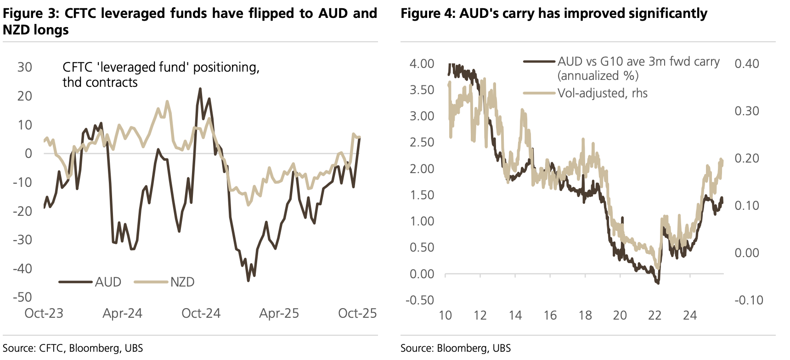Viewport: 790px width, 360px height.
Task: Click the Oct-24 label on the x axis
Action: coord(201,313)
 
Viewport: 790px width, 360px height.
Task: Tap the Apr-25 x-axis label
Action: coord(279,313)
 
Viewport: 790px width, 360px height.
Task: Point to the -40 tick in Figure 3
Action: coord(23,268)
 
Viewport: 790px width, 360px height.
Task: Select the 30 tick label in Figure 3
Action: coord(25,67)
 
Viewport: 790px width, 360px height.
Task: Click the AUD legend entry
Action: coord(108,281)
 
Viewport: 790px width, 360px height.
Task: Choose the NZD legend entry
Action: coord(182,281)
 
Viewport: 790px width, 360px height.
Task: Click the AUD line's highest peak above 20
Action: coord(200,89)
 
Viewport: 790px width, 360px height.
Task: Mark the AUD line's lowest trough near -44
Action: coord(248,280)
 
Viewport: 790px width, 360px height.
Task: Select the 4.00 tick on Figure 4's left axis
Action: coord(422,63)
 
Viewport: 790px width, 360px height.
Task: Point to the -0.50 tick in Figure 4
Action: coord(420,300)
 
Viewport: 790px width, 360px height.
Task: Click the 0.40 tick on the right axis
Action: coord(747,63)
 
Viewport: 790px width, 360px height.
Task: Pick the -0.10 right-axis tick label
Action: coord(749,300)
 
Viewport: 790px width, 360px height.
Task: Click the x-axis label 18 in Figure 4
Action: coord(585,315)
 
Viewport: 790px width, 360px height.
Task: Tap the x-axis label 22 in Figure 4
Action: coord(655,315)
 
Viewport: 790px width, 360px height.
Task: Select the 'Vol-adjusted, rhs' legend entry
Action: coord(602,93)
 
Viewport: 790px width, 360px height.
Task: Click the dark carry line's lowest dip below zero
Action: coord(658,283)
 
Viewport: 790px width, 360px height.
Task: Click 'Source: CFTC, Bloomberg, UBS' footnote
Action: coord(73,348)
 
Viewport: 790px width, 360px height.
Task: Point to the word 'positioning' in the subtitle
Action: coord(226,67)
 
